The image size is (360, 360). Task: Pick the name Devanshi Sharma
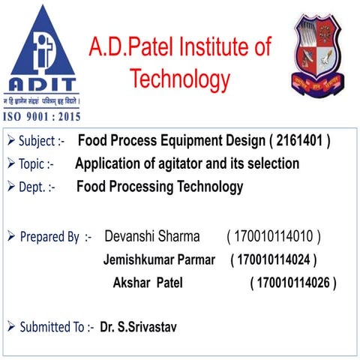tap(152, 237)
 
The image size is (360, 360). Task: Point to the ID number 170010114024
tap(273, 261)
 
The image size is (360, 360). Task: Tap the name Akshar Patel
tap(147, 283)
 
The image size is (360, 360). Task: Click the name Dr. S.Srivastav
tap(139, 328)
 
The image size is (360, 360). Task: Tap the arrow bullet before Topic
tap(11, 164)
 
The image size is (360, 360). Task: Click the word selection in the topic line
tap(272, 163)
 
